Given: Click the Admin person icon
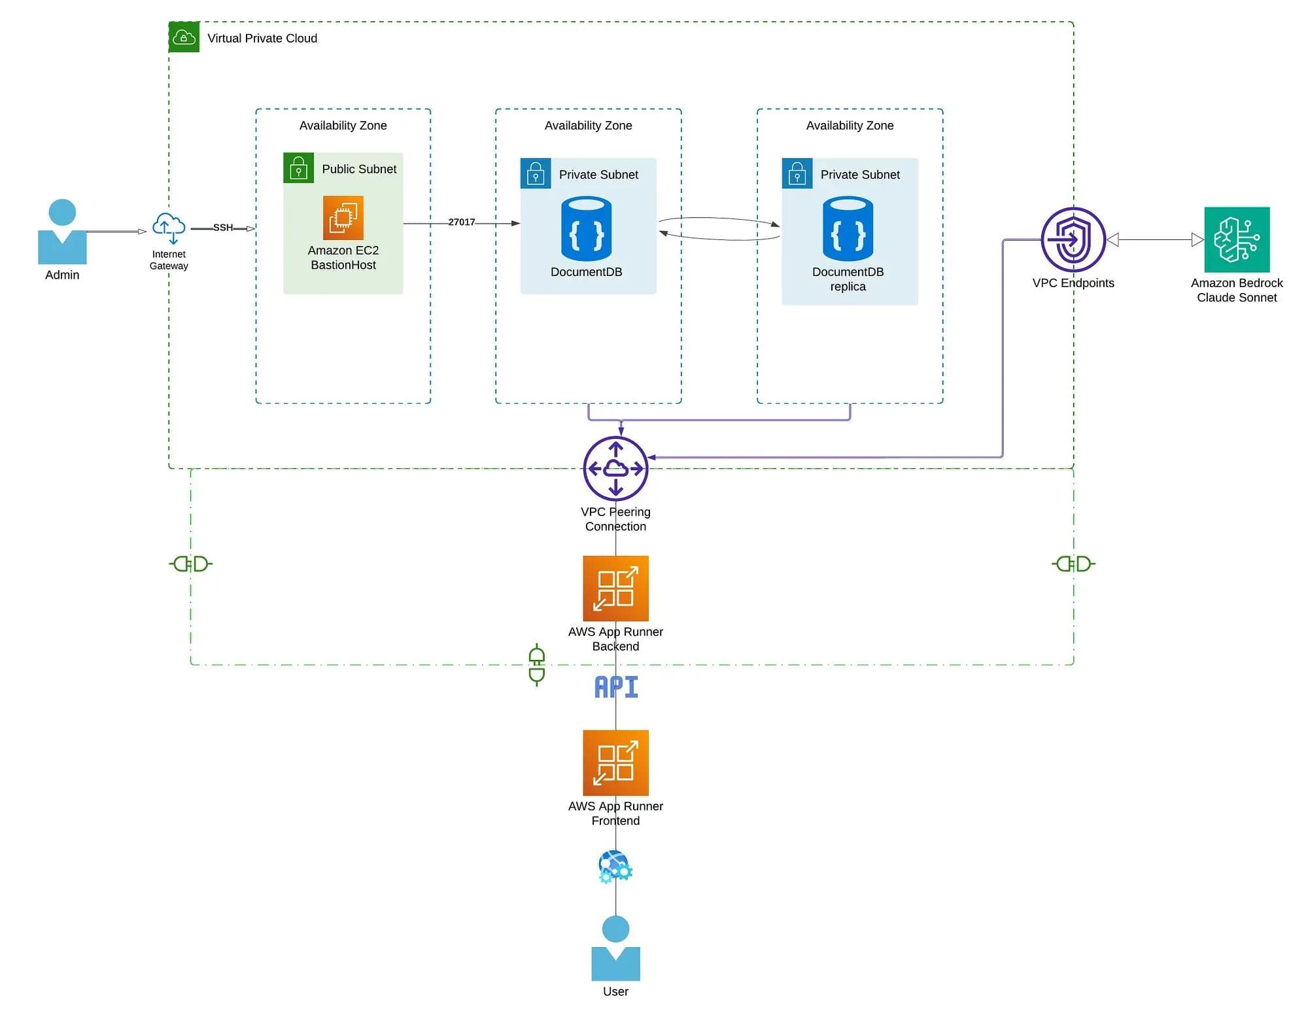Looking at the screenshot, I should (62, 232).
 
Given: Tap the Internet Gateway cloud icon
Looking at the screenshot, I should (169, 228).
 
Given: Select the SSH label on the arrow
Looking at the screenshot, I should (222, 228).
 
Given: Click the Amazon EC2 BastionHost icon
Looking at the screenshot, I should (343, 218).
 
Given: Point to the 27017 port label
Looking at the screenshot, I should (461, 222).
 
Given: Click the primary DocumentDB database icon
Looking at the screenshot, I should (586, 228).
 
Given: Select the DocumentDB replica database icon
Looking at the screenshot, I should (848, 228).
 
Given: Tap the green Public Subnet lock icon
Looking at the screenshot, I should (298, 168).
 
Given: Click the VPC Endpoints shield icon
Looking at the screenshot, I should (1073, 239).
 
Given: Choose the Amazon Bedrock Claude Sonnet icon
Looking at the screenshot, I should (1236, 239).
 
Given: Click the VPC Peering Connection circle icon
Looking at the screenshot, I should (615, 468).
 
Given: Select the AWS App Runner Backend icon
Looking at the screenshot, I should (615, 588).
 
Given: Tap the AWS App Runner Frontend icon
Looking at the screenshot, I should (615, 763).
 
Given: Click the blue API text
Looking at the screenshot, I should (615, 687).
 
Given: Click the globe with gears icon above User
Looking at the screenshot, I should (615, 867).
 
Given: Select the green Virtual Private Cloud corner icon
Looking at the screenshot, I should (184, 37).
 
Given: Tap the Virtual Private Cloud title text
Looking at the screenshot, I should (262, 39).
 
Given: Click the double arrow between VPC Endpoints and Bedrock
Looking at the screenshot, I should (1154, 240).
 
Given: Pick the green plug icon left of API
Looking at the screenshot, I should (537, 664).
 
